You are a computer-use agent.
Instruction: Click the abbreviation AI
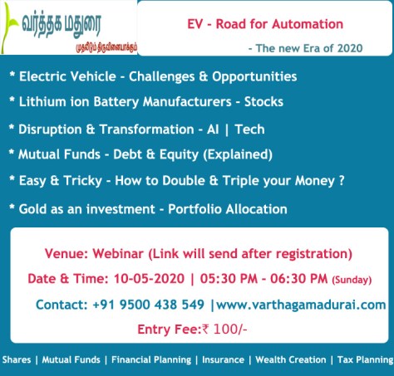[217, 129]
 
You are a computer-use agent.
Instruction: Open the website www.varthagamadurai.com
[301, 305]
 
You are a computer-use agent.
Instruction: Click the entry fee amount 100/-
[226, 330]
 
